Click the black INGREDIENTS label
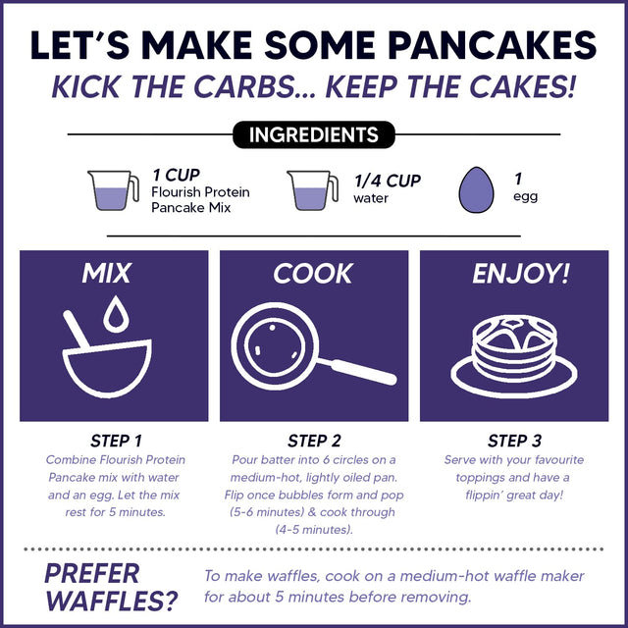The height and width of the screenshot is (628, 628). coord(313,134)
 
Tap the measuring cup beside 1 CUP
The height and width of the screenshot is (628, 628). coord(112,189)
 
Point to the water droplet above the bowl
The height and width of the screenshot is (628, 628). coord(117,314)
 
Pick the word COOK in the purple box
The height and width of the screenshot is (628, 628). coord(313,274)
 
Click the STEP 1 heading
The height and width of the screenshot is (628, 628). coord(115,441)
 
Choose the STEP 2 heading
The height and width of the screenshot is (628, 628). coord(314,441)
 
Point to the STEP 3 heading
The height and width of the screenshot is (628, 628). coord(514,441)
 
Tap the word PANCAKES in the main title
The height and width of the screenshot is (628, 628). coord(476,45)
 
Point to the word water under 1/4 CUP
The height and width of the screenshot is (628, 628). coord(371,198)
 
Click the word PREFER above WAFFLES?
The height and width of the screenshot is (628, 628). coord(92,571)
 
